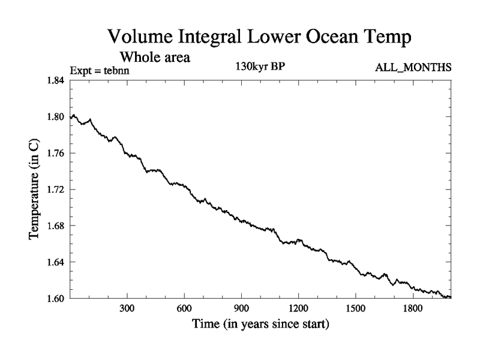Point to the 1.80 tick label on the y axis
tap(57, 117)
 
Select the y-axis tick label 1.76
tap(57, 153)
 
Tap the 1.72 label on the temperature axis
tap(57, 190)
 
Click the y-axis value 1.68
tap(57, 226)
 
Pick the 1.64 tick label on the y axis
tap(57, 262)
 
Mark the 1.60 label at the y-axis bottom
tap(57, 298)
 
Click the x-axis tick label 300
tap(127, 309)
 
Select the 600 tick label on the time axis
tap(184, 309)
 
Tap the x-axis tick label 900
tap(241, 309)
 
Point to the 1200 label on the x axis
tap(298, 309)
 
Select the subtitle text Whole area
tap(155, 58)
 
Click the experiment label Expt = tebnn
tap(100, 70)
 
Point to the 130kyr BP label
tap(259, 67)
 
